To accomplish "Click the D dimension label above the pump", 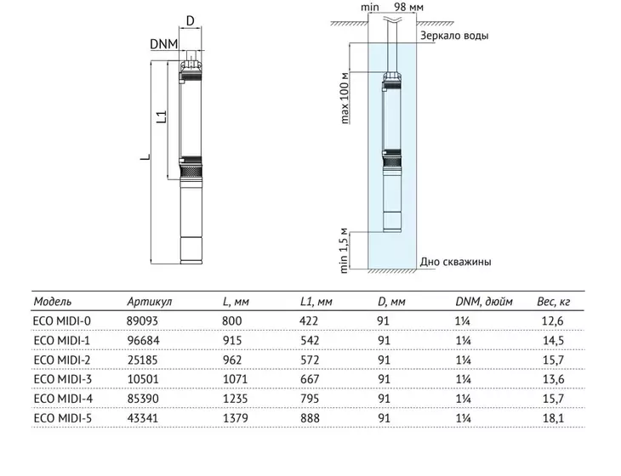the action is point(190,20).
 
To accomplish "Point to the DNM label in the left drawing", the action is point(163,44).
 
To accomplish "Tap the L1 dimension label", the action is point(162,116).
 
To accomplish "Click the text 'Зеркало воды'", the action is point(454,36).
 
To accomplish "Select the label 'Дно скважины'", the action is point(455,262).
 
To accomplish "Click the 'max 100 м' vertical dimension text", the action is point(345,99).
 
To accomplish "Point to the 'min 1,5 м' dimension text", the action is point(344,251).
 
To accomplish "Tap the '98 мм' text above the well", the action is point(408,7).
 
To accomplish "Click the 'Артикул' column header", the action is point(150,302).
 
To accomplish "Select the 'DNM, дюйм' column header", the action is point(483,302).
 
